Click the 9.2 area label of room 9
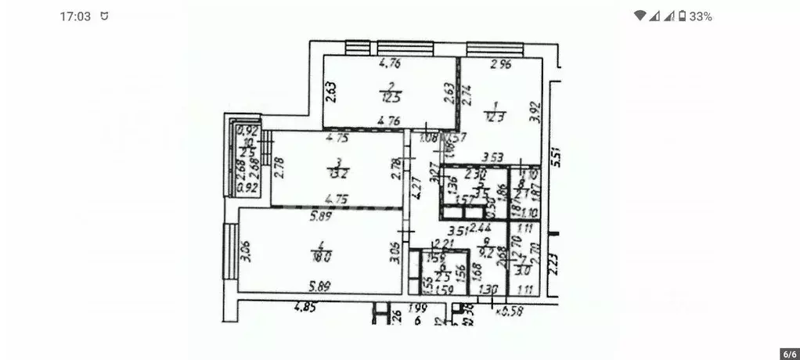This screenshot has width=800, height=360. (486, 253)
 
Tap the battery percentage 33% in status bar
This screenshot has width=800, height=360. (701, 16)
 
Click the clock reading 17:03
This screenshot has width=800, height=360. (75, 16)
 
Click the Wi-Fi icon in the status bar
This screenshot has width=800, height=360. (640, 16)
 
